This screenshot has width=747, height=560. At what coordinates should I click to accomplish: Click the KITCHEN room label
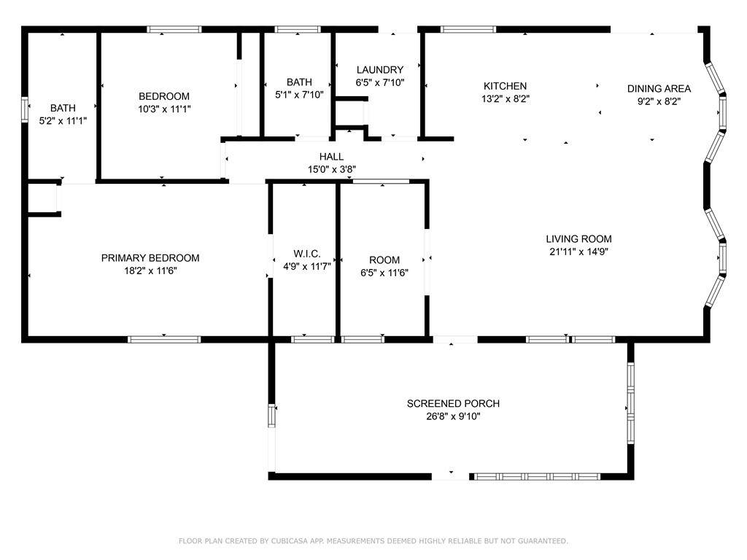505,86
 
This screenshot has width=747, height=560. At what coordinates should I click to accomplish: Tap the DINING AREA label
659,88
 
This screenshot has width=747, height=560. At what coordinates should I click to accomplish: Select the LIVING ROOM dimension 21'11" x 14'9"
578,252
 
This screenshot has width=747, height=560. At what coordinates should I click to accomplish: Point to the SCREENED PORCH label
453,404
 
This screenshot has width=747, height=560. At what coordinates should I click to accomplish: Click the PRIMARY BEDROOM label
150,258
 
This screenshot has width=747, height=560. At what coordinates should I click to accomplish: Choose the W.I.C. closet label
307,254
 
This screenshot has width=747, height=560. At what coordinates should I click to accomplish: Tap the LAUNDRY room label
379,70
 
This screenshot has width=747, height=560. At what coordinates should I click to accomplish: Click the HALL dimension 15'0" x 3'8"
332,169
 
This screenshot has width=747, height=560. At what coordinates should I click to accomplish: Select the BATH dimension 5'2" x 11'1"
63,121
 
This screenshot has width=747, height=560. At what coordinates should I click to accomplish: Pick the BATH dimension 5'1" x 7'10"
299,95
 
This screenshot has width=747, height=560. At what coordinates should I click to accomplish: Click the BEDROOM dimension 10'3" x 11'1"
164,109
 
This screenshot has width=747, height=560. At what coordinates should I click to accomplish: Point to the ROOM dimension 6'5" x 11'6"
384,273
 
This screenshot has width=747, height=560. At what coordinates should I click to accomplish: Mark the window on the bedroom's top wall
174,29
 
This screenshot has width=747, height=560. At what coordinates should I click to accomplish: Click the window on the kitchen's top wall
468,29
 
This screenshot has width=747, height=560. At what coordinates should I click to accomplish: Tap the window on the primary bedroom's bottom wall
164,340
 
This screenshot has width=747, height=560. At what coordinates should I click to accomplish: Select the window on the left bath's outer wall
25,110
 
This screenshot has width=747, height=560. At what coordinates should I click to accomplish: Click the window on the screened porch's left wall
272,416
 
